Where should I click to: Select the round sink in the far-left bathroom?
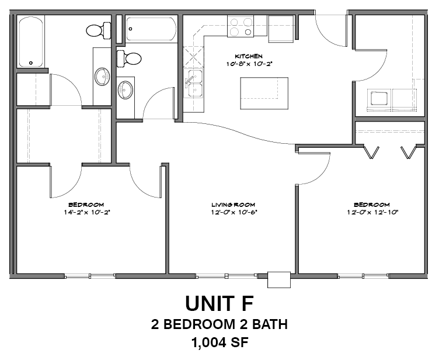click(103, 75)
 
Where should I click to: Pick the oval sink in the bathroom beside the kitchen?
click(126, 89)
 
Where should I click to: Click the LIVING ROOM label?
click(233, 205)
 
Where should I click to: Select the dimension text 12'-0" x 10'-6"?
click(233, 212)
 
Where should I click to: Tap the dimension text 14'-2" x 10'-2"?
click(89, 212)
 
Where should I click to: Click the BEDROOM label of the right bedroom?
click(371, 205)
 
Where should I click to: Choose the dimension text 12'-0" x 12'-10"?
click(371, 212)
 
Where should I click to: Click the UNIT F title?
click(219, 303)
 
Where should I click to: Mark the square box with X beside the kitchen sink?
click(192, 58)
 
